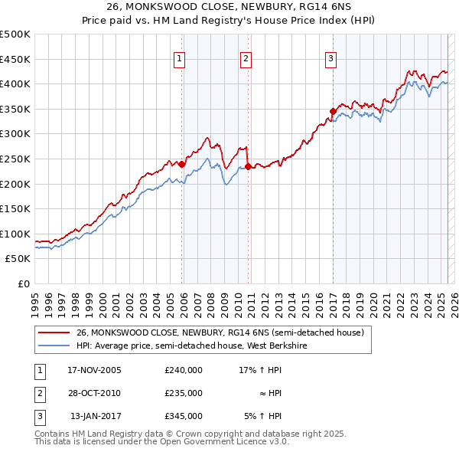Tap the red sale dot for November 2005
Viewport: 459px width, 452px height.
[182, 163]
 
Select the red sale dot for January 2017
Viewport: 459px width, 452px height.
[333, 111]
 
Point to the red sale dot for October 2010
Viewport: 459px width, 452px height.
[249, 166]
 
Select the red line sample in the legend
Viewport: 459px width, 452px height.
[53, 332]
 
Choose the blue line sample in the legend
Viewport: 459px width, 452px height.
[53, 346]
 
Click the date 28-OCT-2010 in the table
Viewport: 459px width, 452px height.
[94, 393]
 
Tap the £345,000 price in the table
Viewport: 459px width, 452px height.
[183, 417]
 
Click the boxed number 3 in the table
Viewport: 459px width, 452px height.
[39, 417]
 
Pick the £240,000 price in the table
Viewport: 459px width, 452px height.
[183, 370]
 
